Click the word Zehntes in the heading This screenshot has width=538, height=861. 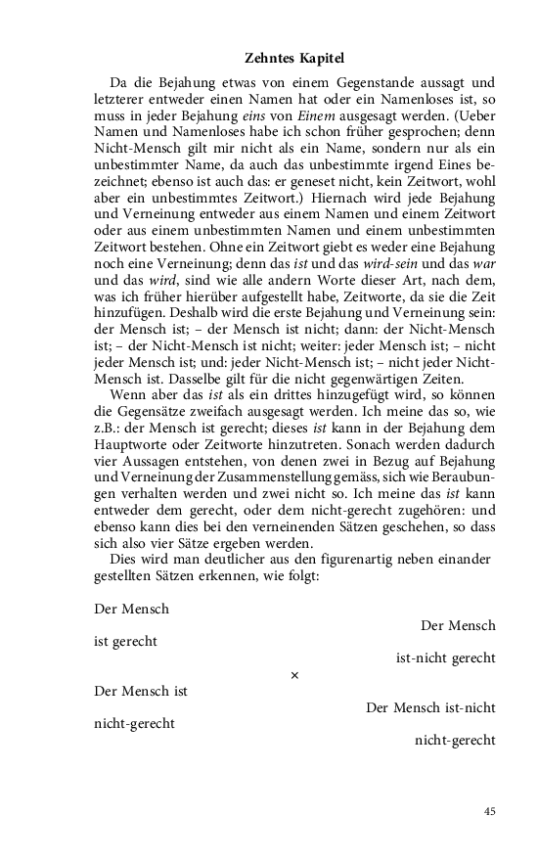[x=268, y=60]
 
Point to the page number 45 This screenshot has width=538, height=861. [x=489, y=810]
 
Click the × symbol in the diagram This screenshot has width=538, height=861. [x=294, y=675]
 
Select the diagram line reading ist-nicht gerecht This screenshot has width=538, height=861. [x=445, y=658]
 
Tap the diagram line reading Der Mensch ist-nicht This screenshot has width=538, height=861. [x=430, y=707]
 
